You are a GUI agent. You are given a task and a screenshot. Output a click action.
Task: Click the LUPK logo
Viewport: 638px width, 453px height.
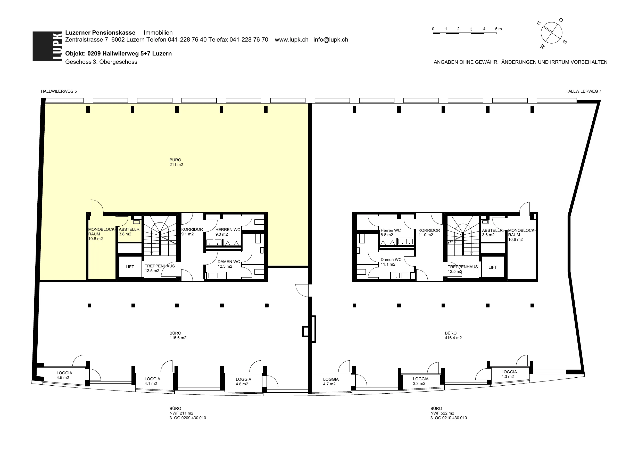47,46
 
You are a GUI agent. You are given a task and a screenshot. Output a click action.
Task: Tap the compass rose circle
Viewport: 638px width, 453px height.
551,33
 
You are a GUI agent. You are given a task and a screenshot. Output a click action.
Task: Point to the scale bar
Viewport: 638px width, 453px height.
465,33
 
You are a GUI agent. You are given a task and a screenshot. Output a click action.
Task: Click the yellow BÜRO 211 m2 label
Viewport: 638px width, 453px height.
176,162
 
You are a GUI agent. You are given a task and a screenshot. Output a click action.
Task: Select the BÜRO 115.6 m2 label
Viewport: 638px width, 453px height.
178,336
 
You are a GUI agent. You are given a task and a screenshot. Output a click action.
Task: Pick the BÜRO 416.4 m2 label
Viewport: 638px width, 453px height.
453,336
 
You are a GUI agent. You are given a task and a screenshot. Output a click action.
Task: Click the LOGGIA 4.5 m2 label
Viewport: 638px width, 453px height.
64,375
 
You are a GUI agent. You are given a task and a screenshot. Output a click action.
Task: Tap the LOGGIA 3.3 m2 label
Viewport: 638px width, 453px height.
420,381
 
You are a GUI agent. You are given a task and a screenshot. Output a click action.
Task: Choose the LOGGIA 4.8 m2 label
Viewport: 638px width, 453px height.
243,382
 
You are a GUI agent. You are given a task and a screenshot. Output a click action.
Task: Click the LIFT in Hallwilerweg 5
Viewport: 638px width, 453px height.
130,267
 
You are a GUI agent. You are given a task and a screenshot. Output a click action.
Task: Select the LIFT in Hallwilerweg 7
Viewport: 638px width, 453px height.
493,267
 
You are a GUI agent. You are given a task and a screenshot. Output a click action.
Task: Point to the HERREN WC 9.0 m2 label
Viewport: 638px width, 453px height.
228,232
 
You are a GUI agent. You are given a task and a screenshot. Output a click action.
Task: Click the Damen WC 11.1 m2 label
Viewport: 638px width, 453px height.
391,262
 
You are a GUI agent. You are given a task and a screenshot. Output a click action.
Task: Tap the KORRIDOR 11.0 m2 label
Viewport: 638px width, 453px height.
429,233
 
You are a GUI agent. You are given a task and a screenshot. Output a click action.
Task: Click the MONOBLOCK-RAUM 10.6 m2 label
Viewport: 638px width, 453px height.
521,235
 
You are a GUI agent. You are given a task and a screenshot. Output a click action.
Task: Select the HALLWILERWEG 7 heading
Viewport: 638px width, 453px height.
583,91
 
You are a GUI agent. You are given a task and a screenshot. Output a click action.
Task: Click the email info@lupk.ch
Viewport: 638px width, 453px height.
331,39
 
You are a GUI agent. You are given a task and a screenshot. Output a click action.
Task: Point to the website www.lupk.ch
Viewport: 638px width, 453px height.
292,39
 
